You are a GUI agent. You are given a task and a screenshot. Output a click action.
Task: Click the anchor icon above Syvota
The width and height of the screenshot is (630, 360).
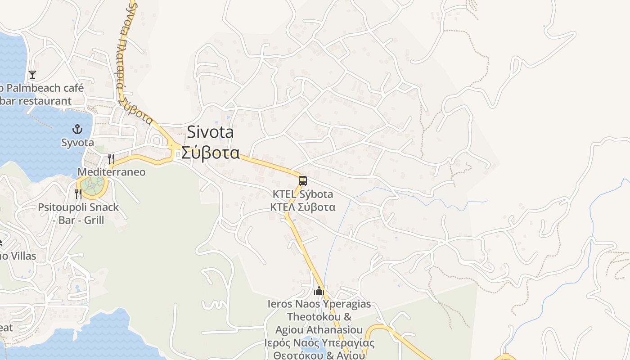point(77,130)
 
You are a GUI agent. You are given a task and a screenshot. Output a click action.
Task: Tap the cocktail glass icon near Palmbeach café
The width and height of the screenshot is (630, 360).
point(32,74)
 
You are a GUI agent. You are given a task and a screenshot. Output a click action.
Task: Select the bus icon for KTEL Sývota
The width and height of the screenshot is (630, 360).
point(303,181)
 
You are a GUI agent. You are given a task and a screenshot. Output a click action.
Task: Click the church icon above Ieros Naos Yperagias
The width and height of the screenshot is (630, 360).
point(319,291)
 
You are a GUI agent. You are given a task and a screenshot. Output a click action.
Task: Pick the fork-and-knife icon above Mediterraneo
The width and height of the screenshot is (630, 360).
point(111,158)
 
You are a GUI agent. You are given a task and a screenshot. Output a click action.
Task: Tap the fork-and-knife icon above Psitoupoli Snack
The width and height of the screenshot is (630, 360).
point(79,194)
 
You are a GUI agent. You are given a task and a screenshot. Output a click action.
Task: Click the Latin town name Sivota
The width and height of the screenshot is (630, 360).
point(210,132)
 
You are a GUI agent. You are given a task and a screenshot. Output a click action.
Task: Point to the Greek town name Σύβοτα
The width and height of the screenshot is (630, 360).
point(210,153)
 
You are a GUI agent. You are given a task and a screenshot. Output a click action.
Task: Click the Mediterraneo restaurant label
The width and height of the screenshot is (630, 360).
point(112,172)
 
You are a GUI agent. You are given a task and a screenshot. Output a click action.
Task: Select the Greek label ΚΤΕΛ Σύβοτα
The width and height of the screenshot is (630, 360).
point(302,207)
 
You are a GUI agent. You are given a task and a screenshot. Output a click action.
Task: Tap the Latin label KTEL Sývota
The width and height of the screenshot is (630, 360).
point(303,194)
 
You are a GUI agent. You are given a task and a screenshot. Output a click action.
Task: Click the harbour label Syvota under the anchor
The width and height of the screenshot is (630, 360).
point(77,143)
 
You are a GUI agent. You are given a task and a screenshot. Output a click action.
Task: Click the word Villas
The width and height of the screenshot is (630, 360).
point(22,256)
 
